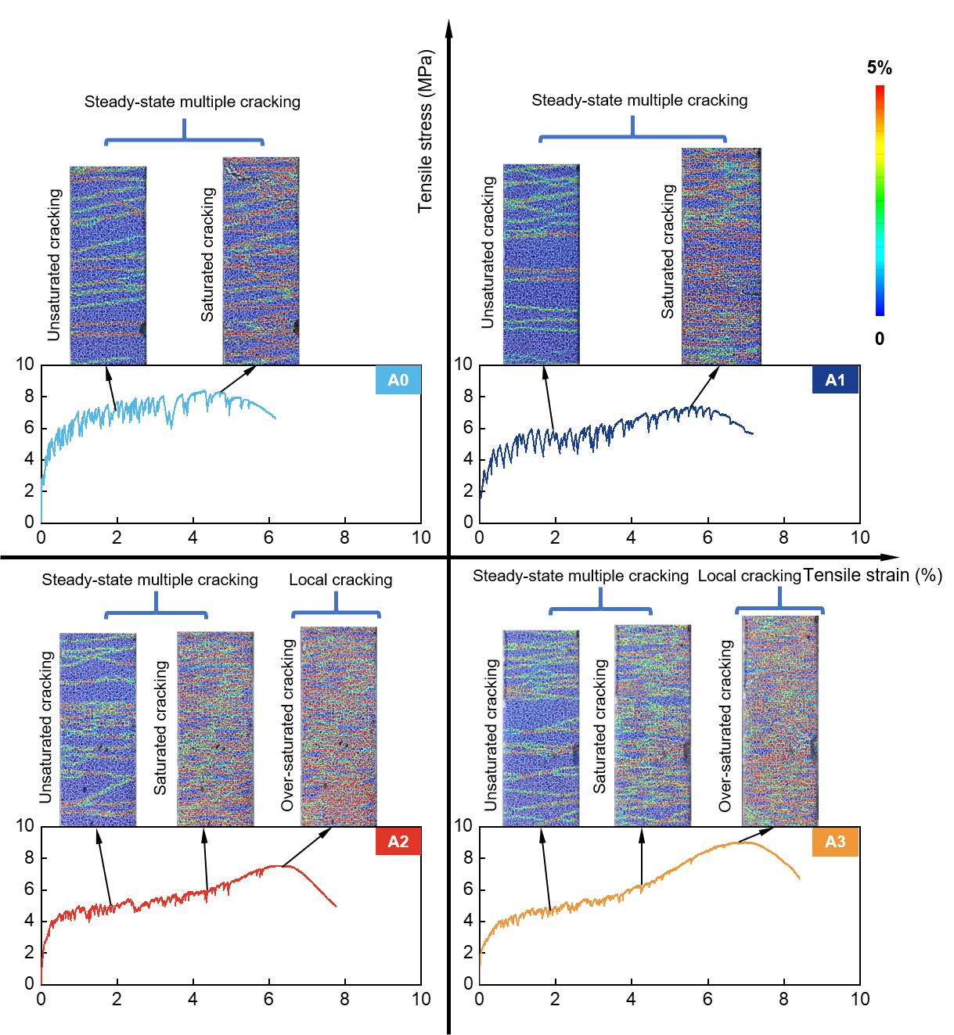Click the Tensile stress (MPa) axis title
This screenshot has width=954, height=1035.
click(426, 133)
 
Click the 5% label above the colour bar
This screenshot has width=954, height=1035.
click(879, 68)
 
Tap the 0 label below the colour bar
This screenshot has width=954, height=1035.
click(880, 340)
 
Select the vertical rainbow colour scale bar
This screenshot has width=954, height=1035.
click(880, 200)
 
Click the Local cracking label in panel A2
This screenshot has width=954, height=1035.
click(340, 580)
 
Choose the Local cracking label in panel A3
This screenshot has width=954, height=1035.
click(749, 577)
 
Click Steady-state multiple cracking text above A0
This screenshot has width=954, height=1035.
click(193, 102)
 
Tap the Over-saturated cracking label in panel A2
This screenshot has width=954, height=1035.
click(288, 725)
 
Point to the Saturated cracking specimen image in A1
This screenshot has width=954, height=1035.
click(721, 257)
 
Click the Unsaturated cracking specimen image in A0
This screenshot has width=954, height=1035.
click(108, 265)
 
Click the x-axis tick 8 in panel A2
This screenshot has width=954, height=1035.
click(345, 999)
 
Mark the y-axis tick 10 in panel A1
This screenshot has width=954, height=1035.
click(463, 365)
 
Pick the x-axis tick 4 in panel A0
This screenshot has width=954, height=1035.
click(193, 537)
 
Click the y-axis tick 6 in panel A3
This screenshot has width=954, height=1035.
click(463, 889)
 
